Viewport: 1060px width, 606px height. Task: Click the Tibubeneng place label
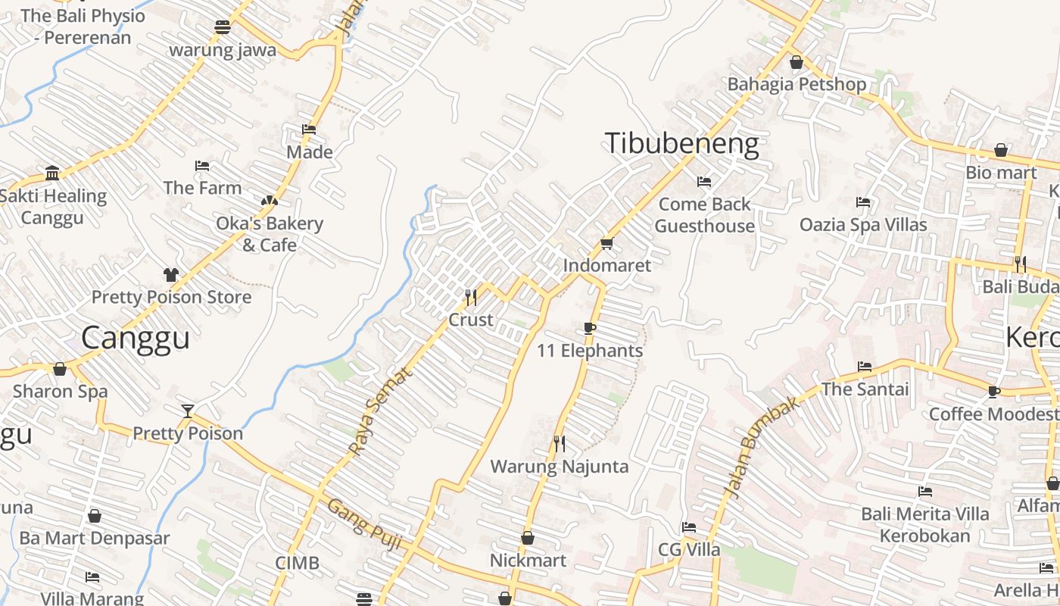pyautogui.click(x=681, y=143)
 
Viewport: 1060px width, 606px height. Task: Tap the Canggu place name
pyautogui.click(x=136, y=338)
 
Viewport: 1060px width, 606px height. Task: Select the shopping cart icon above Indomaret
pyautogui.click(x=606, y=243)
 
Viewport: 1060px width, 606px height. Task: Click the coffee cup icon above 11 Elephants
pyautogui.click(x=590, y=328)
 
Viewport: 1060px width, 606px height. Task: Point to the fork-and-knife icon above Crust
pyautogui.click(x=470, y=297)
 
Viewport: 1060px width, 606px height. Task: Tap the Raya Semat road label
pyautogui.click(x=382, y=411)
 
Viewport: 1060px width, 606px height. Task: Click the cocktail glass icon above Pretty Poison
pyautogui.click(x=188, y=411)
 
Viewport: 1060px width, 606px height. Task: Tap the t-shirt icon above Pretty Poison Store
pyautogui.click(x=171, y=274)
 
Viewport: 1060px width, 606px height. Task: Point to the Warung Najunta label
pyautogui.click(x=560, y=466)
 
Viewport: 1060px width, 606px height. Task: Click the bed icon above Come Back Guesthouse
pyautogui.click(x=704, y=182)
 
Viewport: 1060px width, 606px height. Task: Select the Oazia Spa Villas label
pyautogui.click(x=863, y=225)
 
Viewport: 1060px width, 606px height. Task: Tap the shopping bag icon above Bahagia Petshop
pyautogui.click(x=796, y=62)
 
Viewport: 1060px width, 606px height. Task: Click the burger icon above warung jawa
pyautogui.click(x=222, y=27)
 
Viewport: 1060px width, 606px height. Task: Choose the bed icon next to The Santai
pyautogui.click(x=865, y=367)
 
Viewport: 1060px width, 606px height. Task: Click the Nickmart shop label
pyautogui.click(x=528, y=561)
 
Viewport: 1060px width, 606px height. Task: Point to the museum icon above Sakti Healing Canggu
pyautogui.click(x=52, y=173)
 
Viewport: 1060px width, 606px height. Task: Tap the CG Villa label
pyautogui.click(x=689, y=549)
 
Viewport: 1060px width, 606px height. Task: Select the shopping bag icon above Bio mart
pyautogui.click(x=1001, y=151)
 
